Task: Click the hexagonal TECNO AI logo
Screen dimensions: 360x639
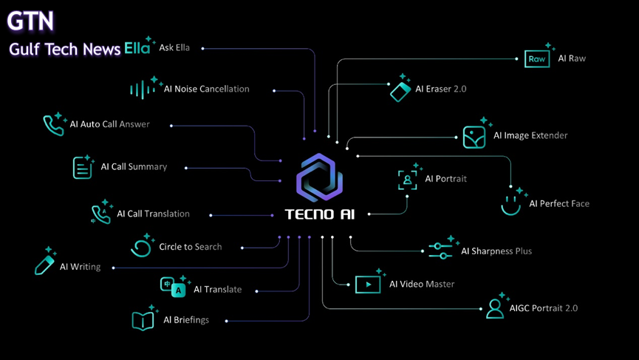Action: point(319,178)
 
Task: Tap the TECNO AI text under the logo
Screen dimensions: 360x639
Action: point(319,214)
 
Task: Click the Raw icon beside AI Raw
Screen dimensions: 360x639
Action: point(537,59)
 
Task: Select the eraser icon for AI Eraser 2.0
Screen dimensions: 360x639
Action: point(400,91)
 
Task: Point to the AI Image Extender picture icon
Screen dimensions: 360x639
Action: point(474,137)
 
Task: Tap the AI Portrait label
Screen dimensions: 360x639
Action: point(445,179)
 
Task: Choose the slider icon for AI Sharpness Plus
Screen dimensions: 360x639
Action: point(440,251)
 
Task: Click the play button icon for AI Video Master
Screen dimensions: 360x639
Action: point(368,284)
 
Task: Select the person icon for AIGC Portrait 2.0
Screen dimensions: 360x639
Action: point(495,308)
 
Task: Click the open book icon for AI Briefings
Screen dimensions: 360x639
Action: point(143,321)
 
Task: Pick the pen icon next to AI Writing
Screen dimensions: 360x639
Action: point(44,264)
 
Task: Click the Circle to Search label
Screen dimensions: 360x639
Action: point(190,247)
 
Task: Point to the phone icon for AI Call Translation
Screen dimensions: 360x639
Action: point(100,214)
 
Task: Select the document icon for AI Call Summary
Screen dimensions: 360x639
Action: point(82,168)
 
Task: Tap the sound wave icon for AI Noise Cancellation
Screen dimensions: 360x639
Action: point(142,90)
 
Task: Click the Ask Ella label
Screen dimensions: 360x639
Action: point(174,48)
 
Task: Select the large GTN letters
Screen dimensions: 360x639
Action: point(31,21)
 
